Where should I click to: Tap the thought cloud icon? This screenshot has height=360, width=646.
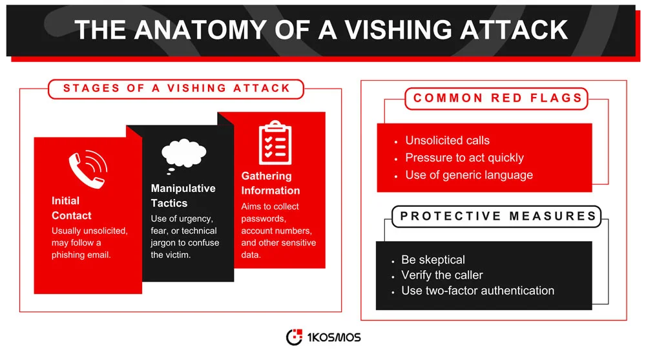[x=183, y=154]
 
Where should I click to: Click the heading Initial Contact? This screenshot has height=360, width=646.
[x=71, y=208]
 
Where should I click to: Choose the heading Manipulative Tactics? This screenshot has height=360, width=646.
[x=183, y=195]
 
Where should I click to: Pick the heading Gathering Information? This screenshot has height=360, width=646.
[x=270, y=183]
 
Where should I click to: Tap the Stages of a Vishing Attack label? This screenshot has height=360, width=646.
[x=176, y=89]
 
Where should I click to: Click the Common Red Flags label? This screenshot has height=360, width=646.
[x=497, y=98]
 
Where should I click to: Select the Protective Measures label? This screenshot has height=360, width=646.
[x=498, y=216]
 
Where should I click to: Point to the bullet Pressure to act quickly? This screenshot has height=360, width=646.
[x=464, y=158]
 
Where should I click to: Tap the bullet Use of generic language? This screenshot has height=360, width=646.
[x=468, y=175]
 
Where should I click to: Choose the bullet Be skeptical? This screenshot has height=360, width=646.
[x=433, y=259]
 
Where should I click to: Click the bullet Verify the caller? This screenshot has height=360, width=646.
[x=442, y=275]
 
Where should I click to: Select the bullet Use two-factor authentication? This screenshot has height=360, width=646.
[x=477, y=290]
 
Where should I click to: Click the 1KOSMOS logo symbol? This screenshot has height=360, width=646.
[x=294, y=337]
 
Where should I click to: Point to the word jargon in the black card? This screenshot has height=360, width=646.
[x=165, y=242]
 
